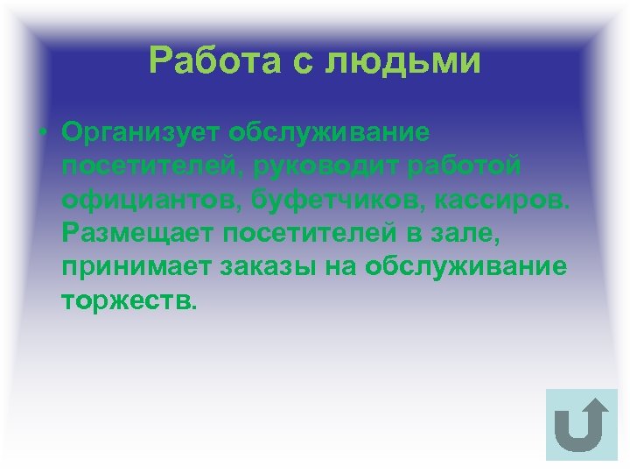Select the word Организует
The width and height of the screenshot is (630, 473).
point(139,133)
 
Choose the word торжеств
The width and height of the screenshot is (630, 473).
point(130,300)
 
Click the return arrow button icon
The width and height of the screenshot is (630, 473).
point(581,424)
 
